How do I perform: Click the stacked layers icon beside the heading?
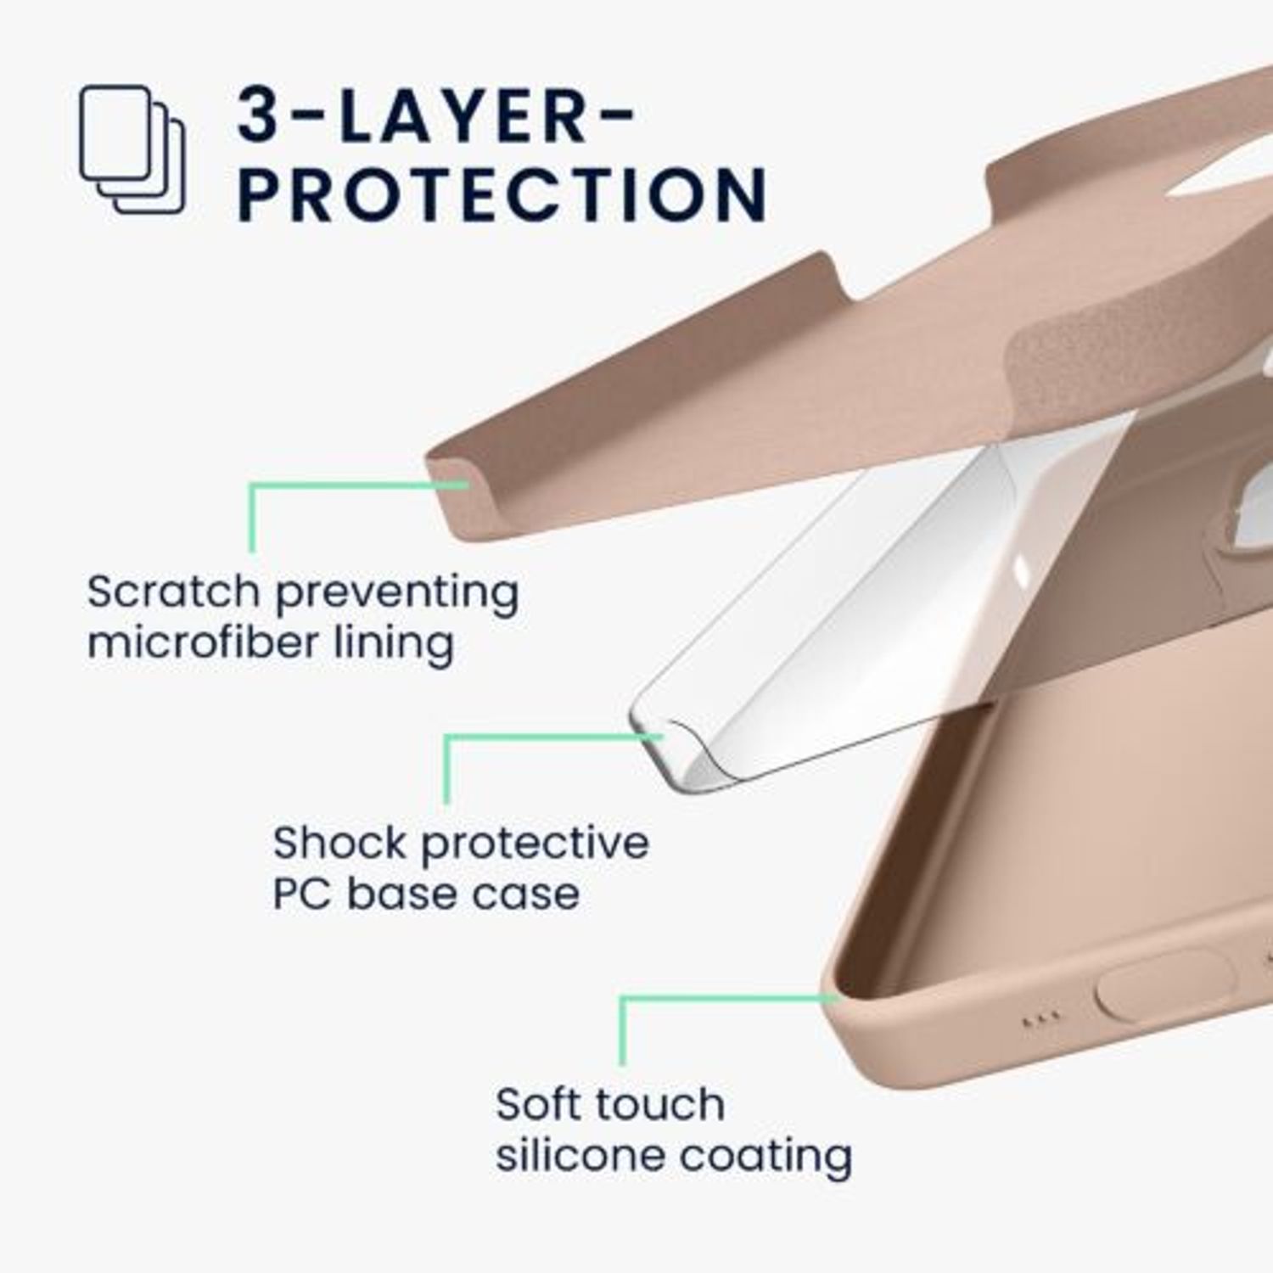tap(132, 149)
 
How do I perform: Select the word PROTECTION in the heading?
tap(502, 194)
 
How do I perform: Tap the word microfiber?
tap(202, 642)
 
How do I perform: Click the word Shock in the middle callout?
tap(339, 843)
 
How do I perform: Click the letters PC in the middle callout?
tap(301, 894)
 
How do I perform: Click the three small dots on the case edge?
tap(1041, 1017)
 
